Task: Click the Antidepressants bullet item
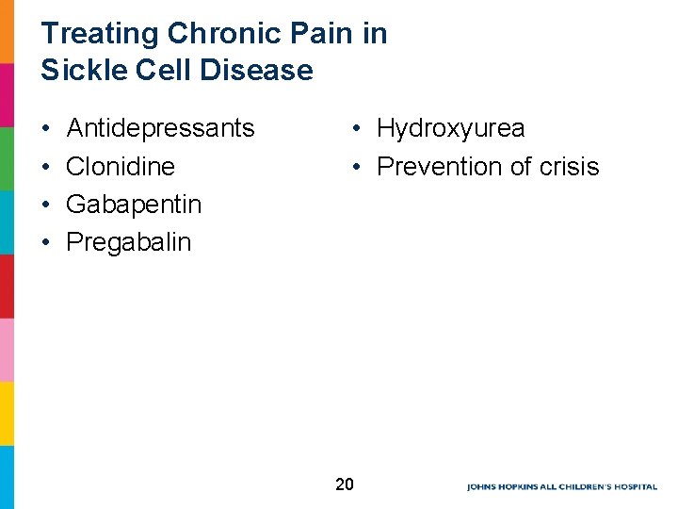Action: [x=161, y=128]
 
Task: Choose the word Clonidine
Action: [x=121, y=167]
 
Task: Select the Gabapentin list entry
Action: [x=134, y=205]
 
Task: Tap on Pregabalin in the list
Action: [x=128, y=242]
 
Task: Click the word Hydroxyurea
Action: [x=451, y=128]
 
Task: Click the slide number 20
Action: [x=345, y=484]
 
